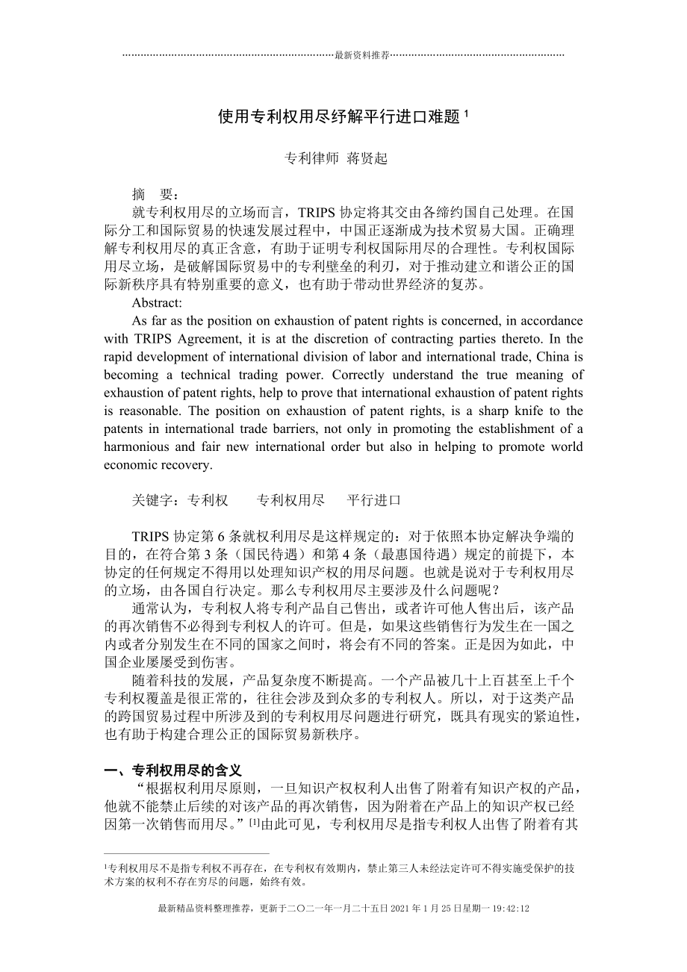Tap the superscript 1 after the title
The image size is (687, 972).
click(466, 113)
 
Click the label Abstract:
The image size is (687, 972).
click(157, 302)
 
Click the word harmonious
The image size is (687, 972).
click(137, 446)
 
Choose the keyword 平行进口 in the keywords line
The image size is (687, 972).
click(374, 500)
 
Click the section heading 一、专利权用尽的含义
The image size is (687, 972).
click(172, 770)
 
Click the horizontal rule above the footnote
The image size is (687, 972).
click(187, 853)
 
